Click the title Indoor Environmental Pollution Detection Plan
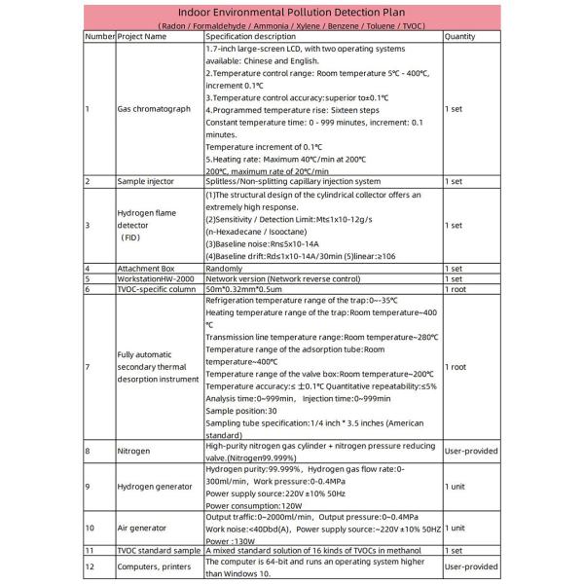click(x=291, y=12)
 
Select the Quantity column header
click(x=459, y=36)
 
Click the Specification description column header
click(x=255, y=36)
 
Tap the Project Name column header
click(x=142, y=36)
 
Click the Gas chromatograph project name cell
click(x=154, y=109)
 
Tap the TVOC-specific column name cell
click(x=154, y=289)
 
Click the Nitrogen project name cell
click(x=134, y=452)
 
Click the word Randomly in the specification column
click(x=225, y=268)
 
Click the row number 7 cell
click(x=88, y=367)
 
